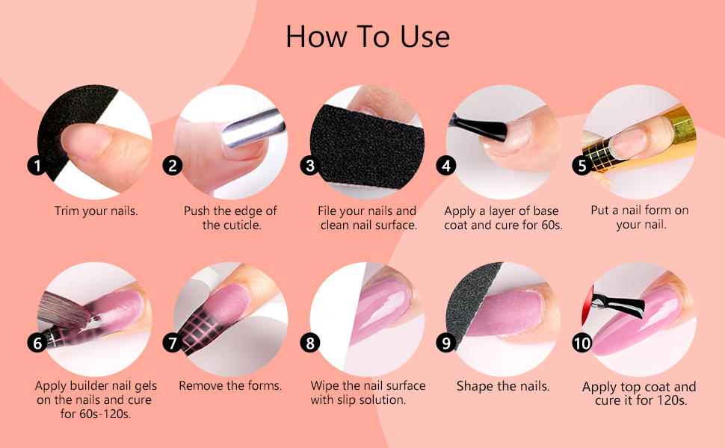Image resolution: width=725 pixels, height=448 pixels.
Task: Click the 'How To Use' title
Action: click(x=368, y=37)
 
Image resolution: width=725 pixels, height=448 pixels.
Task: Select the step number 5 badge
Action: click(x=582, y=165)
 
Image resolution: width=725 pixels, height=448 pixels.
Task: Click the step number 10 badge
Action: click(x=582, y=343)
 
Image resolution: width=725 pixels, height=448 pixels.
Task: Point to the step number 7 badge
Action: click(x=173, y=343)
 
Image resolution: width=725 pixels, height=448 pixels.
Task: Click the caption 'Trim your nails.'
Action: click(x=96, y=211)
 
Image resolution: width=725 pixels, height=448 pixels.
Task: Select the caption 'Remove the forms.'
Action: click(x=230, y=386)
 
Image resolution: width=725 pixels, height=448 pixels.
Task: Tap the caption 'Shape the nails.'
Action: click(x=503, y=387)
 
